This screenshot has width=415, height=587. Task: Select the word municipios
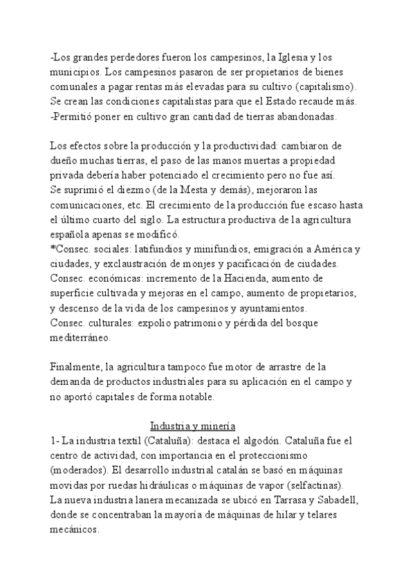[75, 71]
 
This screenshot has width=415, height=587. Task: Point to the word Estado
[286, 101]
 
